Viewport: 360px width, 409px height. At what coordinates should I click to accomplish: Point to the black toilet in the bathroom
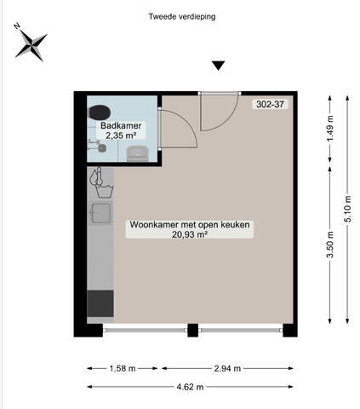point(100,111)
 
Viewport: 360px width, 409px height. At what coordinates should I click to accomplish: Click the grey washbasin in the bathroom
point(137,153)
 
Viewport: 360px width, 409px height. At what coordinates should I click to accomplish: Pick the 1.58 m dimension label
point(123,369)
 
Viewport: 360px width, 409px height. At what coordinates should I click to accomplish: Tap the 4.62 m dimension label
point(188,387)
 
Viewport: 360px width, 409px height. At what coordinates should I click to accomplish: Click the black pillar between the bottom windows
point(193,330)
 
